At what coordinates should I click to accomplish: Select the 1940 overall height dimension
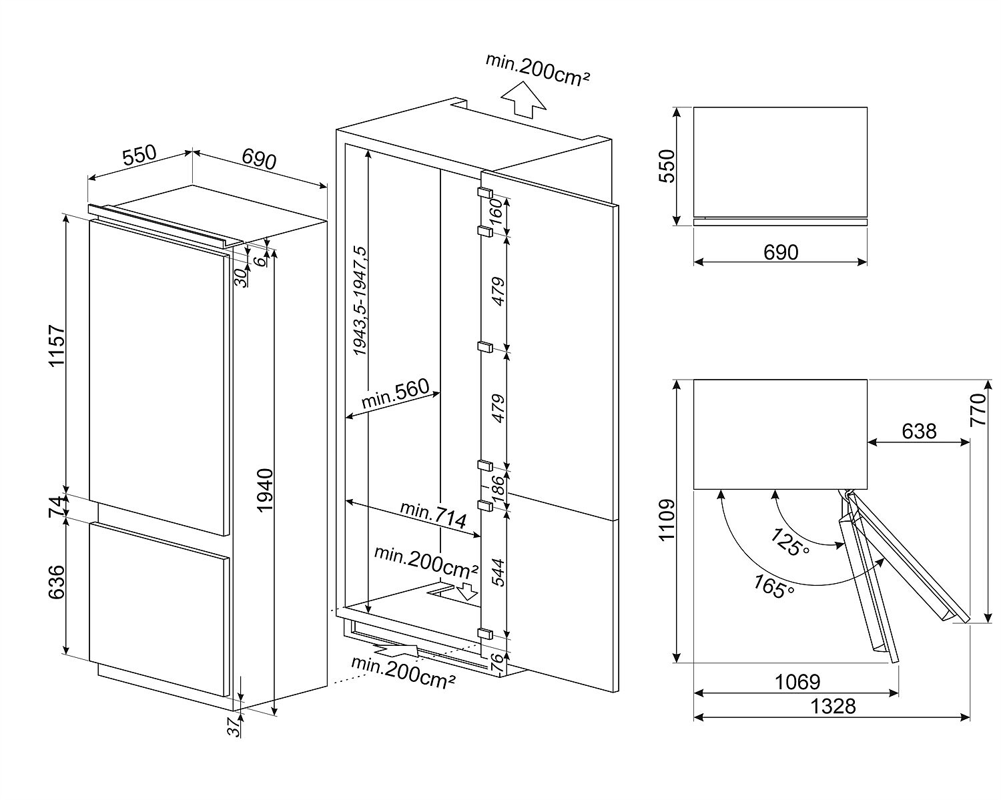[x=265, y=490]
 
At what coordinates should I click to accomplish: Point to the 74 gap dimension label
[x=57, y=506]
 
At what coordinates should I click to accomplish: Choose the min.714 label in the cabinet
[x=433, y=514]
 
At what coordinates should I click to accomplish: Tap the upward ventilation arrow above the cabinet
[x=523, y=100]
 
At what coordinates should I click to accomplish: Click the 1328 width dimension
[x=834, y=705]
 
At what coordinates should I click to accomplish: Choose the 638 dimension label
[x=919, y=431]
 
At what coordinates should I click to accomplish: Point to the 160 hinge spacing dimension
[x=496, y=214]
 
